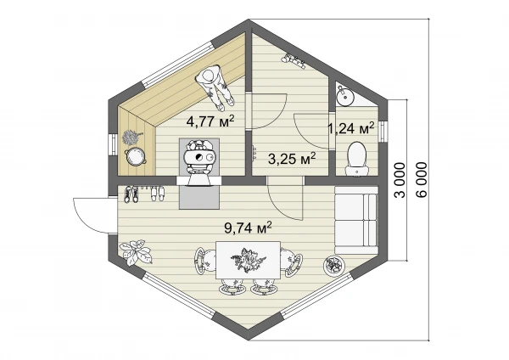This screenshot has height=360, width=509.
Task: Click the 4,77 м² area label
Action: coord(210,121)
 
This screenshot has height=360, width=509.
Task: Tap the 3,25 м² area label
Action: coord(292,158)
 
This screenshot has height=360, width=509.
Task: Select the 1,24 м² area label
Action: coord(350,128)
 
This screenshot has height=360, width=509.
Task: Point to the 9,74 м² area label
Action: coord(248,228)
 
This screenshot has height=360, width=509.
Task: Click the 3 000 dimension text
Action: coord(400,180)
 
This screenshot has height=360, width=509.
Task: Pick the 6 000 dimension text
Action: coord(422,180)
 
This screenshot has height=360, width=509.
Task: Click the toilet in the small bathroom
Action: coord(357,158)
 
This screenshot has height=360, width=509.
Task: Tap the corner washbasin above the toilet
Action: coord(344,94)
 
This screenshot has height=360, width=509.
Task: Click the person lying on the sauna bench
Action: coord(215,87)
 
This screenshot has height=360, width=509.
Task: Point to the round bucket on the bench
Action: coord(135,156)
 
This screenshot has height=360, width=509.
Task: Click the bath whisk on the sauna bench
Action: coord(131,138)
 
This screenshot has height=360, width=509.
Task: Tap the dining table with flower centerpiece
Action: coord(248,260)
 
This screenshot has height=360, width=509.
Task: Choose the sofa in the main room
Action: coord(356,220)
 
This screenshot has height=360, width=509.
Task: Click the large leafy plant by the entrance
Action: coord(136,252)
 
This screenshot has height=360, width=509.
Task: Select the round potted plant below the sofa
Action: coord(333,266)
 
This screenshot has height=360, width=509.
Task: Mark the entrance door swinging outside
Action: coord(93,216)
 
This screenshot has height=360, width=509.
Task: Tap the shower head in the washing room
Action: coord(294,61)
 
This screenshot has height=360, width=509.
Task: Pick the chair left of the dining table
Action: coord(204,261)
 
